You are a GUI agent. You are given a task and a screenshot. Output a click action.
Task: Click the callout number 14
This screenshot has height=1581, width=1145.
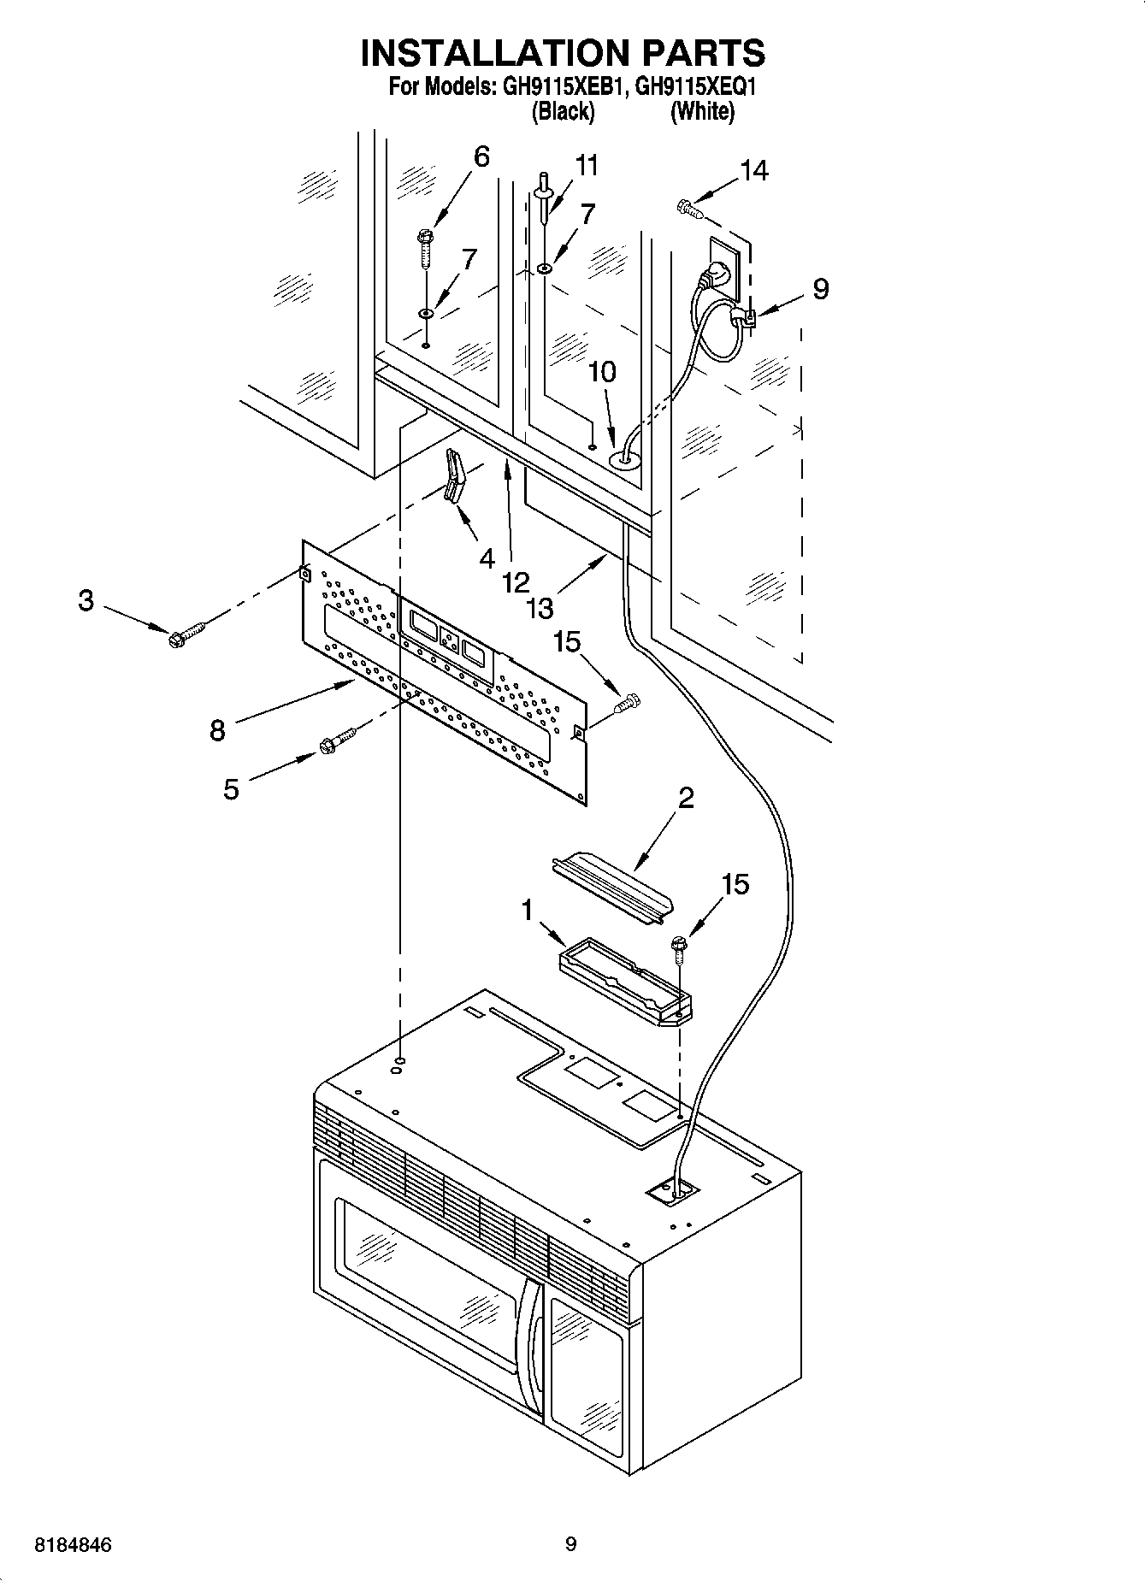(754, 171)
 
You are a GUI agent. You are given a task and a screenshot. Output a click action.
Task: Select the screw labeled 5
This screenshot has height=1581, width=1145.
(337, 740)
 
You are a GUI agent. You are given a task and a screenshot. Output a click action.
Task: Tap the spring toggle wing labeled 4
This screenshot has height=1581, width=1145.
(453, 479)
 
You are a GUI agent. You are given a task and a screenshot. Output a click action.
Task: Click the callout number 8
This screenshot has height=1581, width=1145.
(218, 731)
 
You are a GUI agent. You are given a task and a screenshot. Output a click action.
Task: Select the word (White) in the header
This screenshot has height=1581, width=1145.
(702, 111)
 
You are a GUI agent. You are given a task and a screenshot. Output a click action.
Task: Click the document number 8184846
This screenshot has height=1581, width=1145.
(73, 1545)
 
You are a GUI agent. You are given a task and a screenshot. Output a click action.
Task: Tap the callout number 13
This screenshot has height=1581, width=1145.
(540, 608)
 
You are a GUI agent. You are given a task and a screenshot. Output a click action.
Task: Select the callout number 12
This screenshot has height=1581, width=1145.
(516, 582)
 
